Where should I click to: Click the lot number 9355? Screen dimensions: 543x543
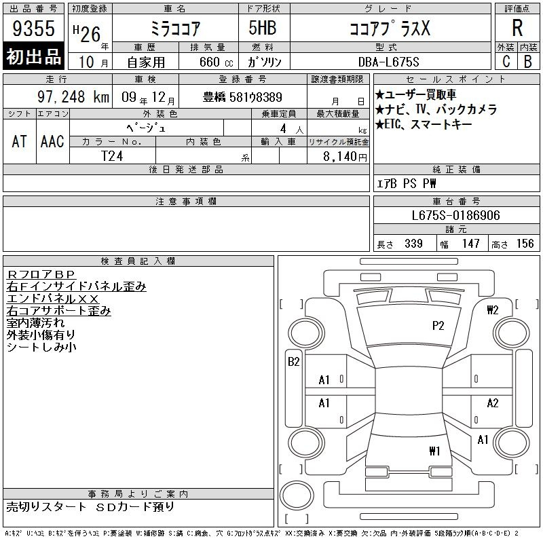33,28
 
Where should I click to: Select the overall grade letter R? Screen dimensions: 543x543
517,28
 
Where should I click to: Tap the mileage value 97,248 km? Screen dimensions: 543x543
73,96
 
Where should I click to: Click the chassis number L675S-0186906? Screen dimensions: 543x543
455,215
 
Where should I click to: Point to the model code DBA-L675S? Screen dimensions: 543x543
388,62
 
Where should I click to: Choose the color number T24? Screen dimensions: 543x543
112,156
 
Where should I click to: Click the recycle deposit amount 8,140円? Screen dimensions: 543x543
345,156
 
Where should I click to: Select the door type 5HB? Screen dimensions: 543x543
263,28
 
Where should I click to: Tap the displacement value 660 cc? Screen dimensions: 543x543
216,62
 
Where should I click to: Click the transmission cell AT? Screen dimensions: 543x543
19,141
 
